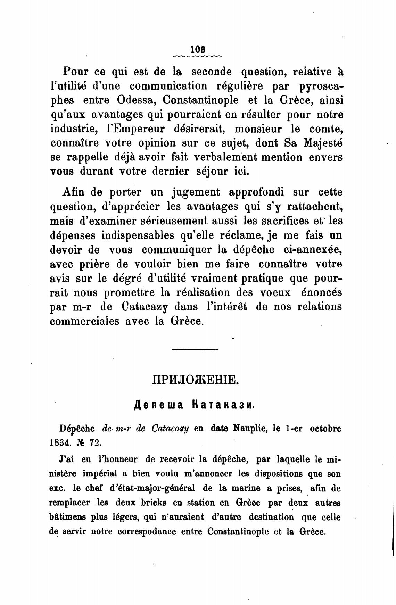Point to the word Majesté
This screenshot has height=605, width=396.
tap(323, 143)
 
